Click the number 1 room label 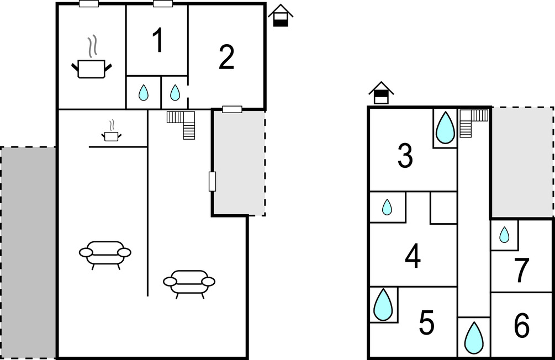point(158,41)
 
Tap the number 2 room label point(226,57)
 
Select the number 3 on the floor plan point(405,156)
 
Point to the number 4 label point(413,257)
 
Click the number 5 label point(426,322)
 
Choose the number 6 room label point(522,326)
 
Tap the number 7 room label point(522,271)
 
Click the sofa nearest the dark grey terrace point(105,254)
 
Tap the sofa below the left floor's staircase point(189,283)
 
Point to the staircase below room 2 point(183,124)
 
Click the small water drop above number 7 point(504,235)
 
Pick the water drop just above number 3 point(445,128)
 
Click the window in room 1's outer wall point(162,4)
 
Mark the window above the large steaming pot point(88,4)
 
